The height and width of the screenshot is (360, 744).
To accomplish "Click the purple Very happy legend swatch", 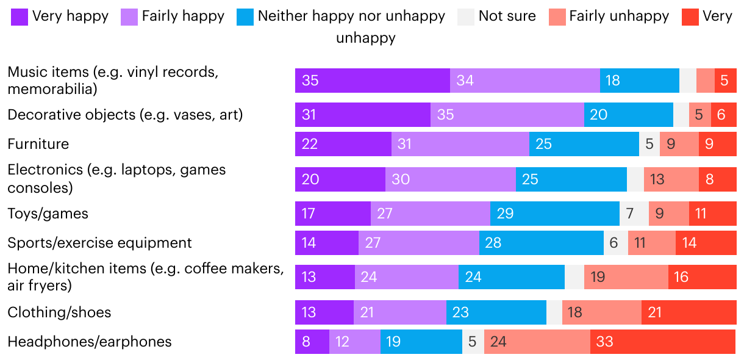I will click(x=20, y=16).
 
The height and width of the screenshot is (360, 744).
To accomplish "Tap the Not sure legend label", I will click(x=507, y=16).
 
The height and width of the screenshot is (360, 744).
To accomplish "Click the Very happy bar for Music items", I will click(x=372, y=81).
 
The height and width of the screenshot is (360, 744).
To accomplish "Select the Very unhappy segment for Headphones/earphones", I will click(x=663, y=342).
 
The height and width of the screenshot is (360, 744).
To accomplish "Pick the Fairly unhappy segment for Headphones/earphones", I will click(x=537, y=342).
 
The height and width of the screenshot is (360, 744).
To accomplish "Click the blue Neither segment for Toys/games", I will click(x=554, y=214).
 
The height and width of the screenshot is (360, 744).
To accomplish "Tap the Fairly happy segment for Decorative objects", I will click(x=507, y=115).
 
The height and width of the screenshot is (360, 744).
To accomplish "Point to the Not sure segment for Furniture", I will click(x=649, y=144).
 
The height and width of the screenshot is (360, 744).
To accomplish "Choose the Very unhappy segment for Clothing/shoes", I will click(x=689, y=312).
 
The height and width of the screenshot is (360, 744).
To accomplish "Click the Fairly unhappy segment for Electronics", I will click(x=671, y=179).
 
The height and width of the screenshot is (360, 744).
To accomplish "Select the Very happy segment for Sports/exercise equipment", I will click(x=326, y=243).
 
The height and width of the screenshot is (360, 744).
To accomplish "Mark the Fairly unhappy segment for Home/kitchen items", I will click(x=626, y=277).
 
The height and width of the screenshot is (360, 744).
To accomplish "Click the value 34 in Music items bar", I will click(x=465, y=81).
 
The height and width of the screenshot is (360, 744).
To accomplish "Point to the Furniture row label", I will click(x=38, y=144).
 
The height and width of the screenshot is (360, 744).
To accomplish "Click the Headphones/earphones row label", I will click(x=89, y=342).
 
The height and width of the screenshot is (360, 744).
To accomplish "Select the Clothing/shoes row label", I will click(x=59, y=312).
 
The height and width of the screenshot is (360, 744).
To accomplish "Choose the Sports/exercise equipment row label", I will click(x=99, y=243).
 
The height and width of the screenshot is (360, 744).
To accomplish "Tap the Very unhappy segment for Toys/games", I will click(x=712, y=214).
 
